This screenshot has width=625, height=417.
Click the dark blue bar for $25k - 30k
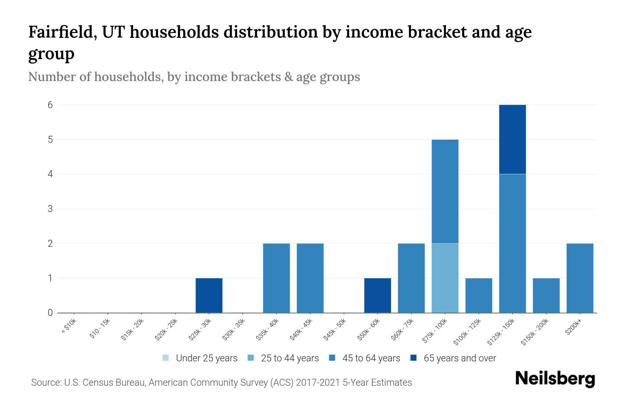tap(209, 295)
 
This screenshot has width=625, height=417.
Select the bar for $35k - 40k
tap(276, 278)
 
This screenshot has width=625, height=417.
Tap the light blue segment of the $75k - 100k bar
tap(445, 278)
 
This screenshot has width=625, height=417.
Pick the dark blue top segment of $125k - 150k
tap(512, 139)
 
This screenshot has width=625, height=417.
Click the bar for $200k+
tap(580, 278)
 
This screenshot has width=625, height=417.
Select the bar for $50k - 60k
tap(377, 295)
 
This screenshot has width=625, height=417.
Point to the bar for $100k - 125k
tap(478, 295)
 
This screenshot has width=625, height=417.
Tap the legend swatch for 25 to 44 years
tap(251, 358)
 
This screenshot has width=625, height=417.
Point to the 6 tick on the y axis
tap(50, 105)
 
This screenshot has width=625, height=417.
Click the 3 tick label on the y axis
tap(50, 209)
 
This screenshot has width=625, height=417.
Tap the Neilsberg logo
tap(555, 379)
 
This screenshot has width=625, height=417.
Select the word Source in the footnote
tap(46, 383)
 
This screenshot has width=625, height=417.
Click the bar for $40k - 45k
tap(310, 278)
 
